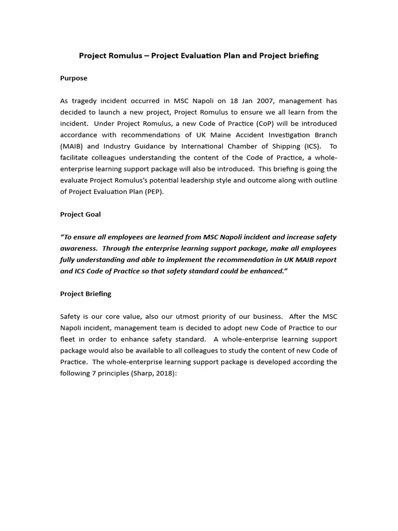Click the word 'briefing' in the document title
(x=303, y=55)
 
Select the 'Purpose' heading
(x=74, y=78)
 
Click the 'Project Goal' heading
(x=80, y=214)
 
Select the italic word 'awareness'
(x=78, y=248)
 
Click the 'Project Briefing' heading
(x=86, y=294)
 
